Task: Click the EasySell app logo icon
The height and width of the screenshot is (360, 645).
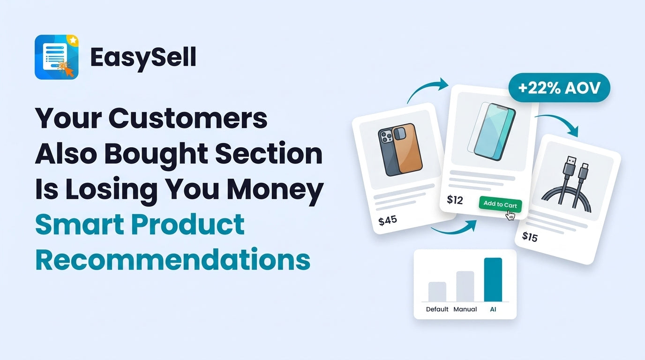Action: pyautogui.click(x=56, y=57)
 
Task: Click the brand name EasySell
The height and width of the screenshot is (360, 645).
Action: pyautogui.click(x=143, y=58)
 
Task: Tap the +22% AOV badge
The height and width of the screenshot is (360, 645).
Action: pyautogui.click(x=559, y=88)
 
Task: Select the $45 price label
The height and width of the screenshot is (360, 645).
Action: pyautogui.click(x=388, y=220)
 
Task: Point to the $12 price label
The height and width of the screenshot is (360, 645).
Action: pyautogui.click(x=455, y=200)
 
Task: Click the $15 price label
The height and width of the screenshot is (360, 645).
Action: pyautogui.click(x=530, y=237)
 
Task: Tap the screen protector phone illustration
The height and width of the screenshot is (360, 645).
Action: pyautogui.click(x=492, y=131)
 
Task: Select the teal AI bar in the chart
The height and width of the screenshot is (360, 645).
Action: pyautogui.click(x=493, y=279)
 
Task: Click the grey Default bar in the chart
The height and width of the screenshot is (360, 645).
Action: pyautogui.click(x=437, y=292)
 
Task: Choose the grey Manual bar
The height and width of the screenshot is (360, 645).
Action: pyautogui.click(x=465, y=286)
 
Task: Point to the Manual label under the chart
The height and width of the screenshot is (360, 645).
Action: pyautogui.click(x=465, y=309)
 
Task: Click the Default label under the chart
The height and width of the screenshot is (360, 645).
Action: pyautogui.click(x=437, y=309)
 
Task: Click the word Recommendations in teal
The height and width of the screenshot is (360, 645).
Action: pyautogui.click(x=172, y=260)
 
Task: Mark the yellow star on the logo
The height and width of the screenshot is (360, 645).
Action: pyautogui.click(x=73, y=40)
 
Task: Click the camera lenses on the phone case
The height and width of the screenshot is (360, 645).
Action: pyautogui.click(x=387, y=137)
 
